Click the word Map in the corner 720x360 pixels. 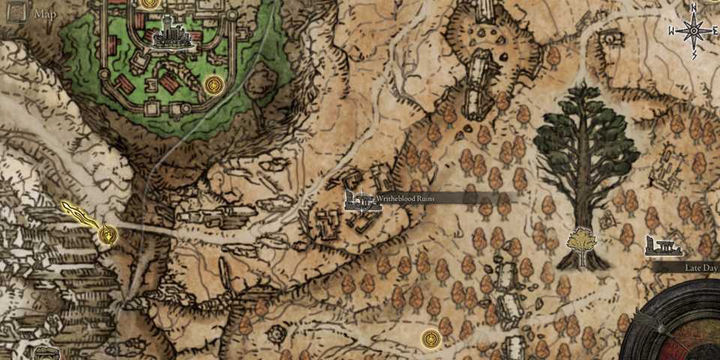click(45, 13)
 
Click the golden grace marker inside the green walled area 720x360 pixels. click(213, 84)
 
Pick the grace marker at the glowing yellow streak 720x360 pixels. click(109, 235)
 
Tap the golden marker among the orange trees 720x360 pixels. click(429, 338)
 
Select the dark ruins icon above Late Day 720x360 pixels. click(662, 246)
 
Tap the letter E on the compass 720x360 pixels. click(715, 31)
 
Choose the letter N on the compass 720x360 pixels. click(694, 7)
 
